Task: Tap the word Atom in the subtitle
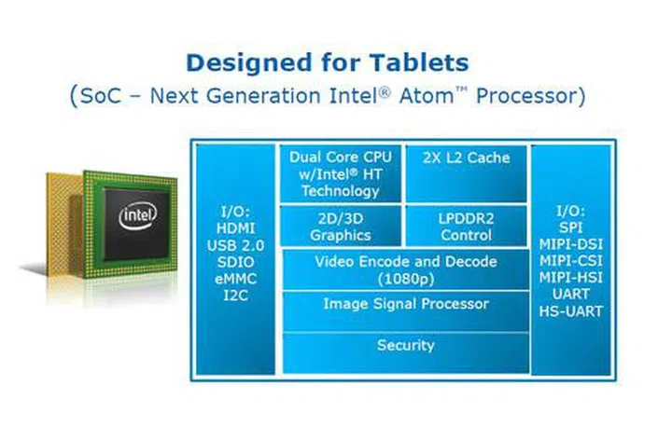[x=427, y=95]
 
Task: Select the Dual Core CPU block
[x=341, y=173]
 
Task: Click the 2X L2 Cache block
[x=467, y=173]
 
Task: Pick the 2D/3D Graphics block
[x=341, y=227]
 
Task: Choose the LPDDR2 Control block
[x=467, y=227]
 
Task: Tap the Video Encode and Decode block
[x=406, y=269]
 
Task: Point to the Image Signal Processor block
[x=406, y=311]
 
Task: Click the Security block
[x=406, y=352]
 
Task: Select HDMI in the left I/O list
[x=236, y=228]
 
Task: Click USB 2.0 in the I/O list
[x=236, y=246]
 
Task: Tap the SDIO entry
[x=236, y=262]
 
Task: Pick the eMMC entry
[x=236, y=279]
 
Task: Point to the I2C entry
[x=236, y=296]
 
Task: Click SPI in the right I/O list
[x=570, y=227]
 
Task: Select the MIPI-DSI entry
[x=570, y=244]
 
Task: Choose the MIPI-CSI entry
[x=570, y=261]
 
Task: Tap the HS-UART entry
[x=570, y=311]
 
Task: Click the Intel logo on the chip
[x=137, y=216]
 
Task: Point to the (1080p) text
[x=406, y=280]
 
